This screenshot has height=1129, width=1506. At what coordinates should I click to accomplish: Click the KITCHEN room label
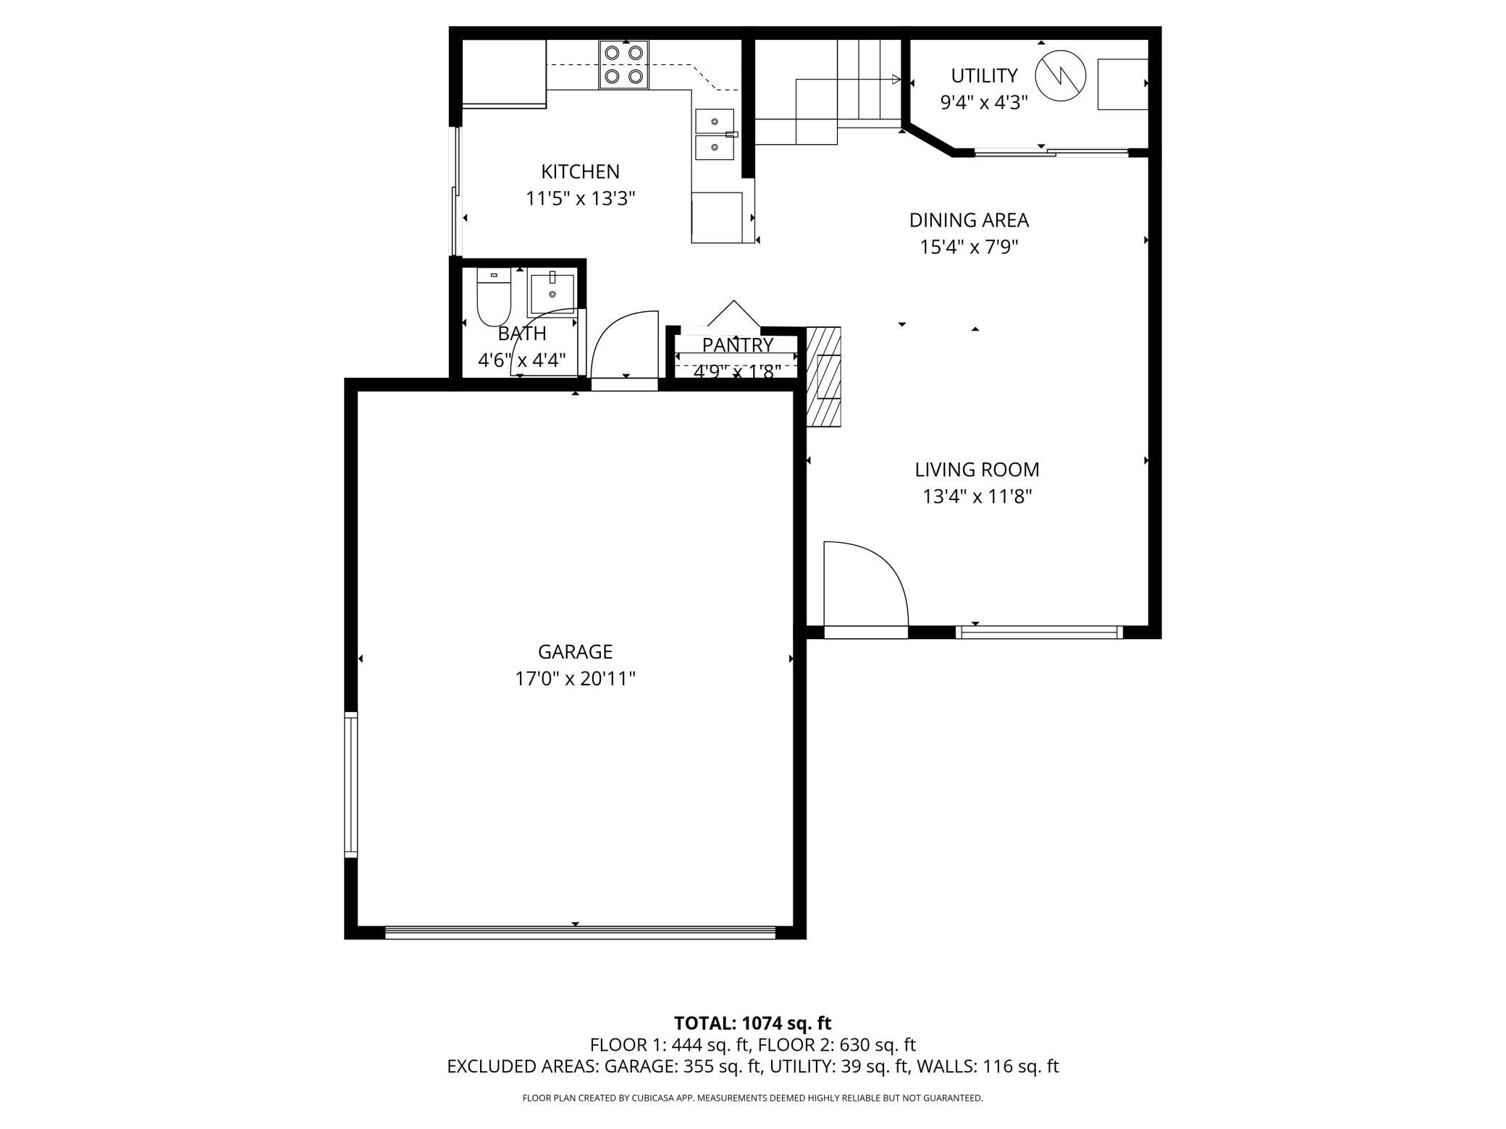tap(580, 172)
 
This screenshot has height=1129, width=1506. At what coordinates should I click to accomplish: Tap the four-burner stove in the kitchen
tap(623, 64)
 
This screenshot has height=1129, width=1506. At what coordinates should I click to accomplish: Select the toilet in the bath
tap(494, 297)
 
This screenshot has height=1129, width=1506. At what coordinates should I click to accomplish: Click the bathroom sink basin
tap(552, 293)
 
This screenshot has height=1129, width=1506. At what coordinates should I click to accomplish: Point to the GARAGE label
tap(575, 652)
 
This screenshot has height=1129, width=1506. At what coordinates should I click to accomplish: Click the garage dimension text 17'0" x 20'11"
tap(575, 679)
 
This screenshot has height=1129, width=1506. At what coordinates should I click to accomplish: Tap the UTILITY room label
tap(984, 75)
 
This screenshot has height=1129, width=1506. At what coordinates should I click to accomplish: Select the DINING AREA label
tap(969, 220)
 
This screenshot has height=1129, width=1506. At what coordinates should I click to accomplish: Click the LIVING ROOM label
tap(977, 470)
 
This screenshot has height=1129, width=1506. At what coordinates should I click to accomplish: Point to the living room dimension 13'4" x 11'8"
tap(977, 496)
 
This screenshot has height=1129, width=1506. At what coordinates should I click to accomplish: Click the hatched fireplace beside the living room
tap(824, 377)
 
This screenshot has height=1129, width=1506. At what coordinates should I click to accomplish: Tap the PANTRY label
tap(737, 345)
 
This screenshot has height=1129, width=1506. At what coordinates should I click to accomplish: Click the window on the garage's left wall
tap(350, 785)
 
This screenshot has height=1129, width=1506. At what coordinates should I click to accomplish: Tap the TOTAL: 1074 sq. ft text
tap(752, 1023)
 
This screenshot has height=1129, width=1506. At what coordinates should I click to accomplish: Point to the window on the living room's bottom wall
tap(1039, 632)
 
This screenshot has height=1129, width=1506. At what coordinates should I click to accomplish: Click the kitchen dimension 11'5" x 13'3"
tap(580, 198)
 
